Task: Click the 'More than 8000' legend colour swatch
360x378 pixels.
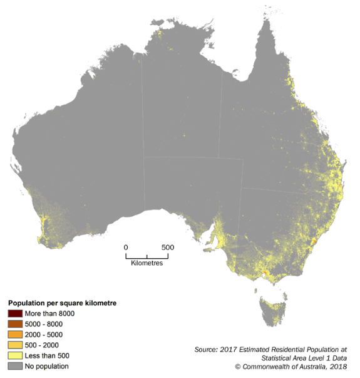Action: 15,313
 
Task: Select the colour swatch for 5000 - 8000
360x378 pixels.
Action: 15,323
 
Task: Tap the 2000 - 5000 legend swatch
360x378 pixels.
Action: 15,334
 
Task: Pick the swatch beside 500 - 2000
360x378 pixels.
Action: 15,345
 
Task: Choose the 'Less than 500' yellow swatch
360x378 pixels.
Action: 15,355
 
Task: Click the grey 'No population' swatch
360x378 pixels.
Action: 15,366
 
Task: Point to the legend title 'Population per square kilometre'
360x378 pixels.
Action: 63,303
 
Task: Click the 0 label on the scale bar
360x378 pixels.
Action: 126,247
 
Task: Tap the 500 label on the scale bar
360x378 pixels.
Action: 167,247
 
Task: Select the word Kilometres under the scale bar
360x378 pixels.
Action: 147,263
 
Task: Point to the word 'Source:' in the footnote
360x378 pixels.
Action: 207,348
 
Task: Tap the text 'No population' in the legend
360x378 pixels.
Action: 46,366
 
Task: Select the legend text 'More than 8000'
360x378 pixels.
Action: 49,313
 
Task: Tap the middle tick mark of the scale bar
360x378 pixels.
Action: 147,256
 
